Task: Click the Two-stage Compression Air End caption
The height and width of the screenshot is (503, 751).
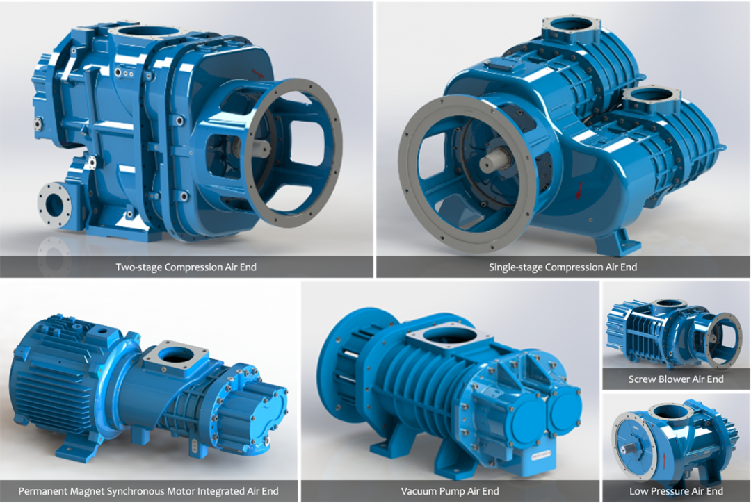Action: [186, 267]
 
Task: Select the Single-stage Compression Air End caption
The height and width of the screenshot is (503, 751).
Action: [563, 267]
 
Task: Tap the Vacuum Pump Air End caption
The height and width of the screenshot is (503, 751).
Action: [450, 491]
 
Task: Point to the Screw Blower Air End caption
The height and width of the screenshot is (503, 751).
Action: [676, 379]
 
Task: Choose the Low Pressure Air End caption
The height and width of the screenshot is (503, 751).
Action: [676, 491]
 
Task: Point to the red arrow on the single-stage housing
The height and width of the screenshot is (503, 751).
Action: [580, 190]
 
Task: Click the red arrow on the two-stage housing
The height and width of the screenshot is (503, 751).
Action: [257, 73]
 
